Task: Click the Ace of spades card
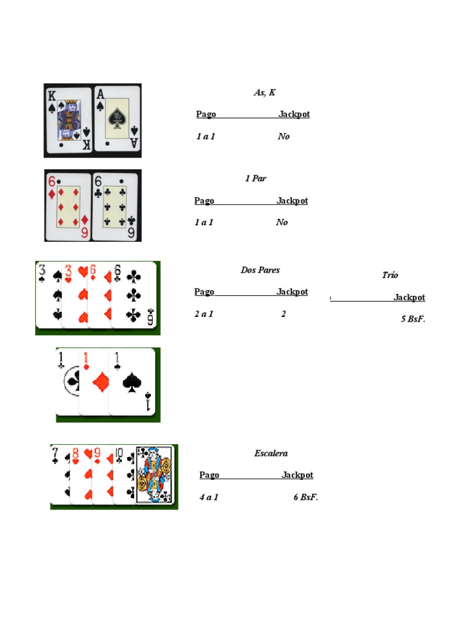point(117,119)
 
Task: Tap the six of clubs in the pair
point(115,207)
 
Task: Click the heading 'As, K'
point(265,92)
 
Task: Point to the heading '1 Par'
point(256,178)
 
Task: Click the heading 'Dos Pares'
point(260,270)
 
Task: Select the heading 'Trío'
point(390,275)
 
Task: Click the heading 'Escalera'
point(271,453)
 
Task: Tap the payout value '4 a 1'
point(209,497)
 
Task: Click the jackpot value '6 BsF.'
point(305,497)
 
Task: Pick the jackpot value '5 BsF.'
point(413,319)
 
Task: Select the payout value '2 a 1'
point(204,314)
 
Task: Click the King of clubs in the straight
point(153,474)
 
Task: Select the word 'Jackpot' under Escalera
point(297,475)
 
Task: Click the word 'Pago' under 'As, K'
point(206,114)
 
